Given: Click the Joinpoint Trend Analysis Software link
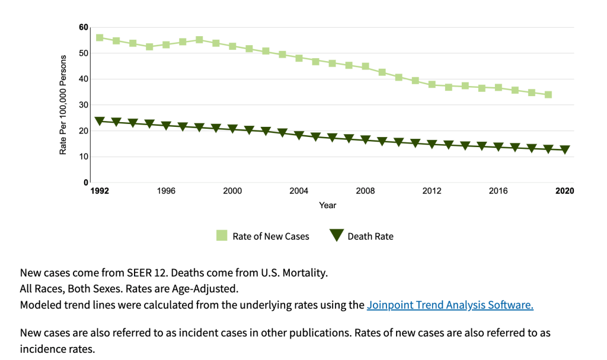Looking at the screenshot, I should pyautogui.click(x=450, y=305).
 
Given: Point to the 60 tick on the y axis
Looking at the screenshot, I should pyautogui.click(x=83, y=27).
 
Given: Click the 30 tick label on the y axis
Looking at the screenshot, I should pyautogui.click(x=83, y=105).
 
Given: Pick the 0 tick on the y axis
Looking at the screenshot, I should pyautogui.click(x=85, y=183).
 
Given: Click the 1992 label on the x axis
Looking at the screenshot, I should pyautogui.click(x=100, y=191).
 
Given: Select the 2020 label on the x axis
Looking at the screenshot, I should pyautogui.click(x=565, y=191).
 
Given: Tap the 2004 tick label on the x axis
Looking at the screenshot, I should pyautogui.click(x=299, y=191).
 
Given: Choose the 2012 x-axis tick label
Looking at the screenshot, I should pyautogui.click(x=432, y=191).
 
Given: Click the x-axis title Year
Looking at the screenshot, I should pyautogui.click(x=328, y=205).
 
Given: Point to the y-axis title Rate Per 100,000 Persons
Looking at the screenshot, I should pyautogui.click(x=63, y=105).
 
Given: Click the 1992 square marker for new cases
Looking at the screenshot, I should pyautogui.click(x=100, y=37).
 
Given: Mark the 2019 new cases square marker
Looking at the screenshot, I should pyautogui.click(x=548, y=95).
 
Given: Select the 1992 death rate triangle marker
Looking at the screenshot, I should pyautogui.click(x=100, y=121).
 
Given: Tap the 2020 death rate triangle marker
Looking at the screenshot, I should pyautogui.click(x=565, y=150).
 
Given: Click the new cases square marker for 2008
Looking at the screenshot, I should pyautogui.click(x=366, y=66).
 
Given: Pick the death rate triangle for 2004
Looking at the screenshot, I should pyautogui.click(x=299, y=136).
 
